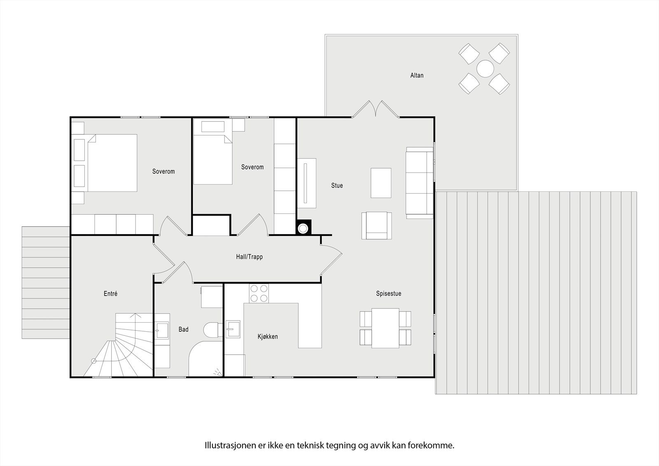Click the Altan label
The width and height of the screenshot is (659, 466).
coord(417,75)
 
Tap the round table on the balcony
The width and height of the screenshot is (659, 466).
coord(485,69)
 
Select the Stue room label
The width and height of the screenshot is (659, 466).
coord(337,185)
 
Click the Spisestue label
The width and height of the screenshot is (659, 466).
coord(389,293)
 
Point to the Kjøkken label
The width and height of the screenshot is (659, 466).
coord(268,337)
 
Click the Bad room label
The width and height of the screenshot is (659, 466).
coord(183,329)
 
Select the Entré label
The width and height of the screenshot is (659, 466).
coord(111,293)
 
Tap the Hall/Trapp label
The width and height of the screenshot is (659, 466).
coord(249,257)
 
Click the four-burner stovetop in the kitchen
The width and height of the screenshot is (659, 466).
coord(259,293)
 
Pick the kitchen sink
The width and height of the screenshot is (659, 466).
coord(233,329)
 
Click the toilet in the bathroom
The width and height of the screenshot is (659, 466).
coord(213,329)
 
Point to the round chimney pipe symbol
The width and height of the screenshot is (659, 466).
coord(303,228)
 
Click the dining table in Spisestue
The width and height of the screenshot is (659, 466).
coord(386,328)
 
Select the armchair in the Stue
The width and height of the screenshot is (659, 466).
coord(376,225)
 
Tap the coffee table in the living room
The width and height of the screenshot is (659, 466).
coord(381,183)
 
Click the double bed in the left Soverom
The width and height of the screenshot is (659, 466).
coord(112,163)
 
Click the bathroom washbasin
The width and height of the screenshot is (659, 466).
coord(162,330)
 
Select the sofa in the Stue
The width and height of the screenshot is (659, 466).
coord(420,183)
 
